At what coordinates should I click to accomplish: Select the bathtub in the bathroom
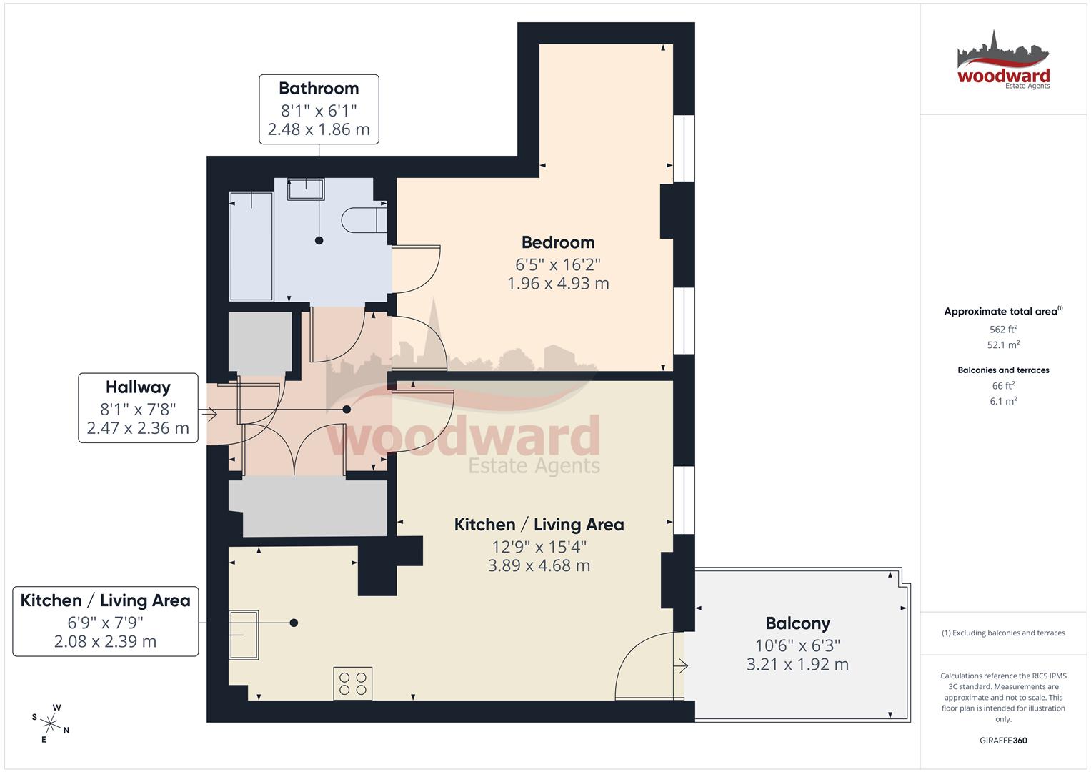(251, 245)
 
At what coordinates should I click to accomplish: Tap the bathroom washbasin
(305, 189)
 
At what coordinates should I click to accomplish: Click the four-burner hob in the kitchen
(353, 683)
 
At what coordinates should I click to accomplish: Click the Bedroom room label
(557, 242)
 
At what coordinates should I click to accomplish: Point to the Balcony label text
(797, 623)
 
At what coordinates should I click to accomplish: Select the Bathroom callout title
(319, 89)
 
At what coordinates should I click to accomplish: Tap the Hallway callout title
(138, 387)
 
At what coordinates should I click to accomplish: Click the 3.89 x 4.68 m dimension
(539, 565)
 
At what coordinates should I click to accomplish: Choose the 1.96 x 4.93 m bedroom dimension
(557, 284)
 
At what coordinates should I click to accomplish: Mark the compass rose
(51, 722)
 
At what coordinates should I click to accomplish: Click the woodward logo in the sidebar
(1003, 62)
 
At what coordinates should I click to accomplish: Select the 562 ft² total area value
(1003, 330)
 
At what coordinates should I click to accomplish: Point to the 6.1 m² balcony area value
(1003, 401)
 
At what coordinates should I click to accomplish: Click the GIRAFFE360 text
(1003, 741)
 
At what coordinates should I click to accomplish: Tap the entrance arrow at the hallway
(209, 413)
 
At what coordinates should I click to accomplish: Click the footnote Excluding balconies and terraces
(1003, 633)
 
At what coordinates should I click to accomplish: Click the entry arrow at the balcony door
(681, 666)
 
